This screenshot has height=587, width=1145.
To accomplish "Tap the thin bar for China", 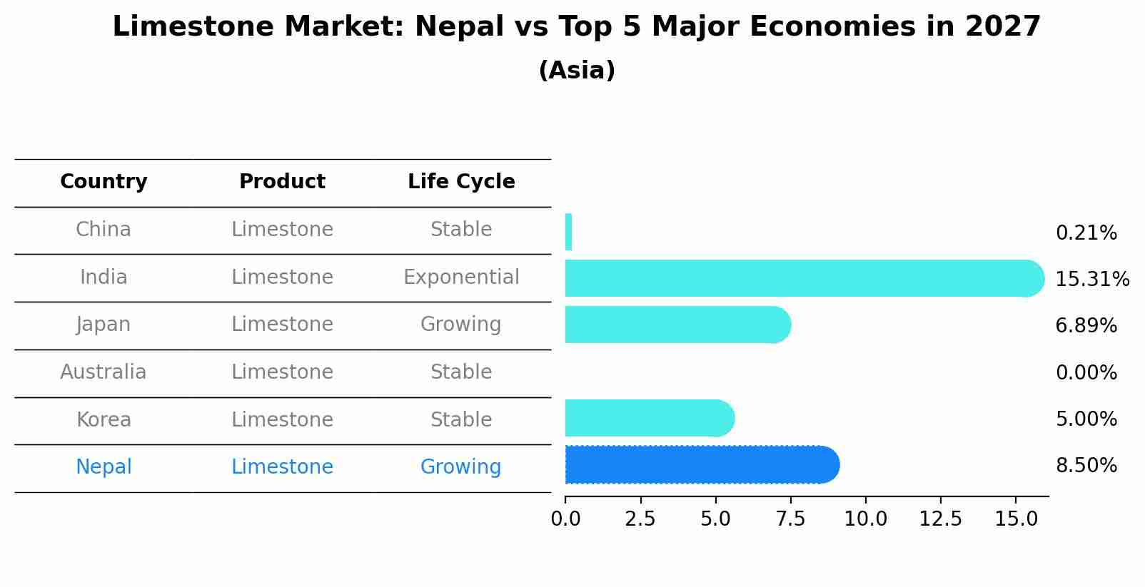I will click(568, 232).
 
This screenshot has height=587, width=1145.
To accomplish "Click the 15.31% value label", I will click(1091, 280).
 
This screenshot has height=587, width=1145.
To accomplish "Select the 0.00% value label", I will click(1086, 373).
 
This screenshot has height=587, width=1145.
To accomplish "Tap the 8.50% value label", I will click(1086, 466).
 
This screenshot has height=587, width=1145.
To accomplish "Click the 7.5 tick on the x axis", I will click(790, 519).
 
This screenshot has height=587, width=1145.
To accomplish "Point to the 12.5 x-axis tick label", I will click(941, 519).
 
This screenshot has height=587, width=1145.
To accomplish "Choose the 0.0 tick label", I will click(565, 519).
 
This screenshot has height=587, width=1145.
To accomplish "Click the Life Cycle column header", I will click(461, 182).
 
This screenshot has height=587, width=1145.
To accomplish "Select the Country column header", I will click(104, 182).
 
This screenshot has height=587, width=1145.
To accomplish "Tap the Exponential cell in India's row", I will click(461, 277).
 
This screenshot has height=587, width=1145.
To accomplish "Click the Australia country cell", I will click(104, 372).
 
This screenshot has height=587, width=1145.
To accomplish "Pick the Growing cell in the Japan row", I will click(461, 325).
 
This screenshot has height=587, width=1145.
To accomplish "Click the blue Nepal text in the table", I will click(104, 467).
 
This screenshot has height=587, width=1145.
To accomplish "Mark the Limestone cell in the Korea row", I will click(282, 420).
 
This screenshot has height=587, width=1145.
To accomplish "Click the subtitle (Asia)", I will click(577, 71).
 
